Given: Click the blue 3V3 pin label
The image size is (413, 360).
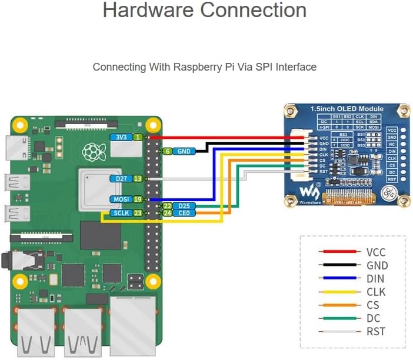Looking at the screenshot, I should (120, 137).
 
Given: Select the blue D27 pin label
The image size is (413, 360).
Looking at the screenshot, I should (120, 178).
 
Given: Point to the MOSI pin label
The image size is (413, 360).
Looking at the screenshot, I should (120, 199).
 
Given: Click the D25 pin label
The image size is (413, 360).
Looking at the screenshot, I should (185, 206).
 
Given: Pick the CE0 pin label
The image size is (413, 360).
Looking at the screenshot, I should (185, 214).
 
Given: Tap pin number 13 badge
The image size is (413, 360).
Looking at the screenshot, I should (138, 178).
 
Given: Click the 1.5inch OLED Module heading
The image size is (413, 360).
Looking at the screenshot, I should (347, 109).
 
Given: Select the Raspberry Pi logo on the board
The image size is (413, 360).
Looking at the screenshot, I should (91, 153).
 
